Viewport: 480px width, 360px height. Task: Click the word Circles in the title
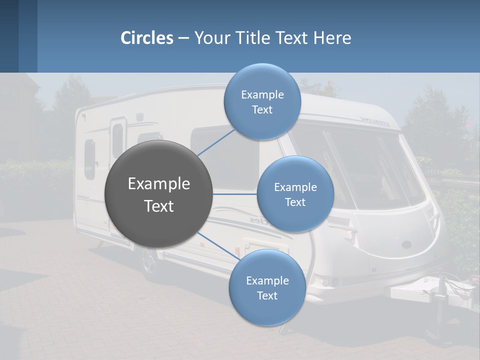tap(147, 38)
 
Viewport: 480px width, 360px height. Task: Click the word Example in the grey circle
tap(159, 184)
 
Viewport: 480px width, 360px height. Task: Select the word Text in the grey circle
tap(159, 206)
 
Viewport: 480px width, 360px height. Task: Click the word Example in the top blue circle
tap(262, 95)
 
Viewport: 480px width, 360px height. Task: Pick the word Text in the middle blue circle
tap(295, 202)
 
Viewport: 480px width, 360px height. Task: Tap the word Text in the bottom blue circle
tap(267, 295)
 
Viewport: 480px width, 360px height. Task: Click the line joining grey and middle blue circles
tap(235, 194)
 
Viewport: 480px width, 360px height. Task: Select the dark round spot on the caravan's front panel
tap(407, 245)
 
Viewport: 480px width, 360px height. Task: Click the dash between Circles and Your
tap(183, 38)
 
